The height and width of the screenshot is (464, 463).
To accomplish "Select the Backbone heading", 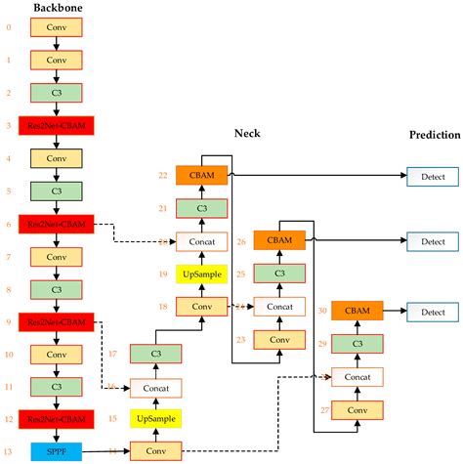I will [x=58, y=9].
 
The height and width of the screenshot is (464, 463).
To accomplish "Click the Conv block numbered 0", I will [x=56, y=28].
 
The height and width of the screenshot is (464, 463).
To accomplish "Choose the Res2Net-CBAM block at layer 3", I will [x=56, y=125].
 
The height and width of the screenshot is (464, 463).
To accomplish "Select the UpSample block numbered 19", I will [x=201, y=274].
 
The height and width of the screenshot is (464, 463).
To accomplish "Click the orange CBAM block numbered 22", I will [x=201, y=175].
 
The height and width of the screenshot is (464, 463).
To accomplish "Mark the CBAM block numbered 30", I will [x=358, y=311].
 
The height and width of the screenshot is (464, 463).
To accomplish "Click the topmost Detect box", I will [x=433, y=177].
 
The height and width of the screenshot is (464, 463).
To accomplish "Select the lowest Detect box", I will [x=433, y=312].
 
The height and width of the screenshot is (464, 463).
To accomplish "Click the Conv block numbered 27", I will [x=358, y=410].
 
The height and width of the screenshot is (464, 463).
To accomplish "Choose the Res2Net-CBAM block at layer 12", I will [x=56, y=419].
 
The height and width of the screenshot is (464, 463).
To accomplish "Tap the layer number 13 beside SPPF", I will [x=9, y=451].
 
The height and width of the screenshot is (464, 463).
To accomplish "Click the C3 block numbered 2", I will [x=56, y=93].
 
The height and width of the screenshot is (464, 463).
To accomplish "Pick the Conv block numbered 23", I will [x=279, y=339].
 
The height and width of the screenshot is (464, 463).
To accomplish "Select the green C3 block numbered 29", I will [x=358, y=344].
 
